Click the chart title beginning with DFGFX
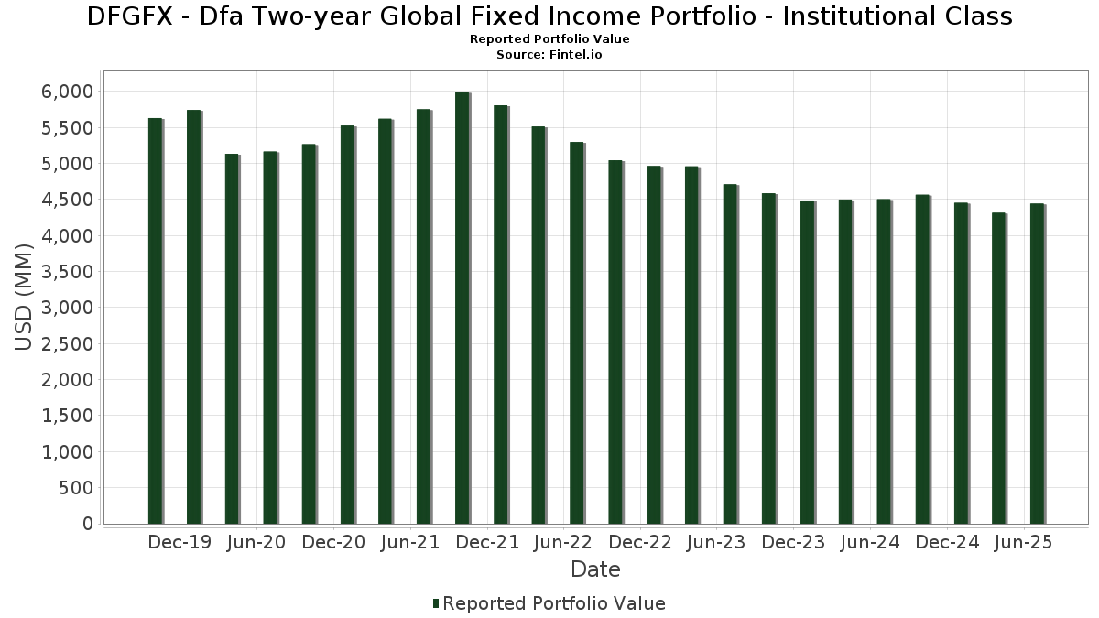(549, 16)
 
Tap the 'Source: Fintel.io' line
(549, 55)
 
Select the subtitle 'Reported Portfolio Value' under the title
(549, 39)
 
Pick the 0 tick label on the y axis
(88, 524)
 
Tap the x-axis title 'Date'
(595, 569)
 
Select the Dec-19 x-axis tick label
(180, 542)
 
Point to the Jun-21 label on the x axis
(409, 542)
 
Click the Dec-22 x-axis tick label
(640, 542)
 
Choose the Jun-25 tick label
(1023, 542)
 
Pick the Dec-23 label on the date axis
(793, 542)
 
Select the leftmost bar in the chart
(155, 320)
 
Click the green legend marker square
(436, 603)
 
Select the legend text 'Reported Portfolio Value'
(554, 603)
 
